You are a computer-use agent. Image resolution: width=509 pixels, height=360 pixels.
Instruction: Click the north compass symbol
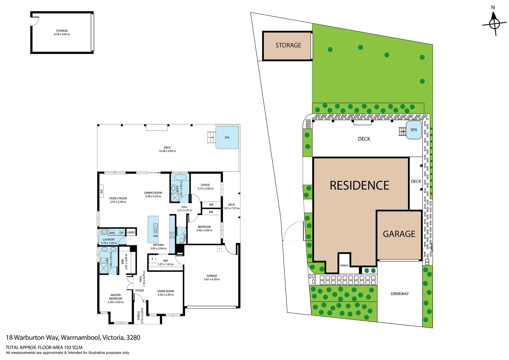pyautogui.click(x=494, y=24)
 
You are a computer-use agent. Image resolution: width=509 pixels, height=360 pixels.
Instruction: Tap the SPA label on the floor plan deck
pyautogui.click(x=227, y=137)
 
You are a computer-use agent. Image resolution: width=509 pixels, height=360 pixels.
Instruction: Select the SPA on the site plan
pyautogui.click(x=414, y=130)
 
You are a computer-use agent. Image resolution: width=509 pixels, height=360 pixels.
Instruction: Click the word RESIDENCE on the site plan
pyautogui.click(x=359, y=185)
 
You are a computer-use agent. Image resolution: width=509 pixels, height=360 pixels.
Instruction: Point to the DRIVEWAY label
pyautogui.click(x=400, y=294)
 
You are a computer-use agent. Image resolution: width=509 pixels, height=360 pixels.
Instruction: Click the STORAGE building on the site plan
pyautogui.click(x=288, y=46)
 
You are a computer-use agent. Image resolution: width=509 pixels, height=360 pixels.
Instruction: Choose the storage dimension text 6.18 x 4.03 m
pyautogui.click(x=62, y=34)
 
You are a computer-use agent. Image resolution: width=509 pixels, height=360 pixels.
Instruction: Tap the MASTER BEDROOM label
pyautogui.click(x=116, y=297)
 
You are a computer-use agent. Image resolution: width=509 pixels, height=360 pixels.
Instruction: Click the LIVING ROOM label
pyautogui.click(x=166, y=291)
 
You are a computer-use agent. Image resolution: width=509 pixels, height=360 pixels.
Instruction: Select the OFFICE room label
pyautogui.click(x=205, y=185)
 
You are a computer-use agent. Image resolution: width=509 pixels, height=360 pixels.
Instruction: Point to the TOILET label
pyautogui.click(x=185, y=237)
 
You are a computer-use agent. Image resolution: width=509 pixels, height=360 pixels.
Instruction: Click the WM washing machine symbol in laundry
pyautogui.click(x=112, y=233)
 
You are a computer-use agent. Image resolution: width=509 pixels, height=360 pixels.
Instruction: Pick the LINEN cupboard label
pyautogui.click(x=131, y=232)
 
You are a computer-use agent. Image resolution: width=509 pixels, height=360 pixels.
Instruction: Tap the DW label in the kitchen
pyautogui.click(x=156, y=236)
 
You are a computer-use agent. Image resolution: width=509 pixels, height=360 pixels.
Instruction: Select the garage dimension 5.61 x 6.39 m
pyautogui.click(x=212, y=279)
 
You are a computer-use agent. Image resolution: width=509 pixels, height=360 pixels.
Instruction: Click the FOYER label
pyautogui.click(x=140, y=290)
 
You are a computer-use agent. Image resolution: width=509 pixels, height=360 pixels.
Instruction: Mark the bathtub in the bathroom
pyautogui.click(x=180, y=177)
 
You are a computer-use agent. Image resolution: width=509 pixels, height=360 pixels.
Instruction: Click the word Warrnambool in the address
pyautogui.click(x=80, y=337)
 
